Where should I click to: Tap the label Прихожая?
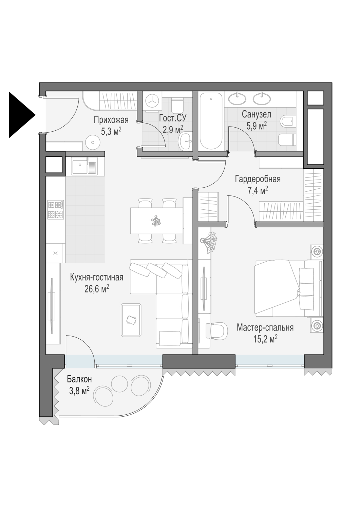coord(111,120)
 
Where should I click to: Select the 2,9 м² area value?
coord(173,130)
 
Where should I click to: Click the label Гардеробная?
coord(258,179)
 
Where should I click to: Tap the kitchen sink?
coord(84,166)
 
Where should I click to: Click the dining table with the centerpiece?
coord(157,221)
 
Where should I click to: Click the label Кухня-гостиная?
coord(97,278)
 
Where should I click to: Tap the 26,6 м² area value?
coord(97,289)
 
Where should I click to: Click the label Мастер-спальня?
coord(265,327)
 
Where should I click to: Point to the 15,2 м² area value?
coord(265,339)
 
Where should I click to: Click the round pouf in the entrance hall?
coord(93,142)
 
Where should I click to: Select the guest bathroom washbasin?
coord(186,142)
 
